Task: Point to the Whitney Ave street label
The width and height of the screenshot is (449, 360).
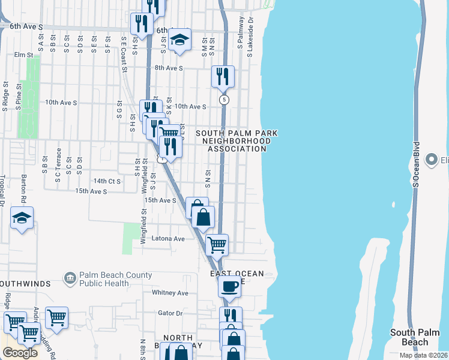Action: tap(170, 293)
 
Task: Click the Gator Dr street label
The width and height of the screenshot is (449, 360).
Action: tap(170, 313)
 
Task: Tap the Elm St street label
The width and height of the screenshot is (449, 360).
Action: tap(23, 55)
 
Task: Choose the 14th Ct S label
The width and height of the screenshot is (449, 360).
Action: tap(107, 181)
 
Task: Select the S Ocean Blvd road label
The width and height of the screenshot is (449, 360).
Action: tap(415, 165)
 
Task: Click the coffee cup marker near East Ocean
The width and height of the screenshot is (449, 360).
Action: tap(229, 286)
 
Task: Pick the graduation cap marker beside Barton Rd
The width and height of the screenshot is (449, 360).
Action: tap(22, 218)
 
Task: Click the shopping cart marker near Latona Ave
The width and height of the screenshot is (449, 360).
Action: tap(217, 244)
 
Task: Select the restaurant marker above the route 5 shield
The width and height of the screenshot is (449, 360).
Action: tap(223, 76)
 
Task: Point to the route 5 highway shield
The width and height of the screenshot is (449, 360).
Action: tap(224, 100)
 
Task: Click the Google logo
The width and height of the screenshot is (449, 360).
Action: tap(20, 353)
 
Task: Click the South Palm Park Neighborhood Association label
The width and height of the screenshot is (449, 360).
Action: tap(234, 140)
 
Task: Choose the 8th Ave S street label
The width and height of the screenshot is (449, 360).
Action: tap(168, 68)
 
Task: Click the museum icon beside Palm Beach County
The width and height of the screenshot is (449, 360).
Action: tap(70, 278)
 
